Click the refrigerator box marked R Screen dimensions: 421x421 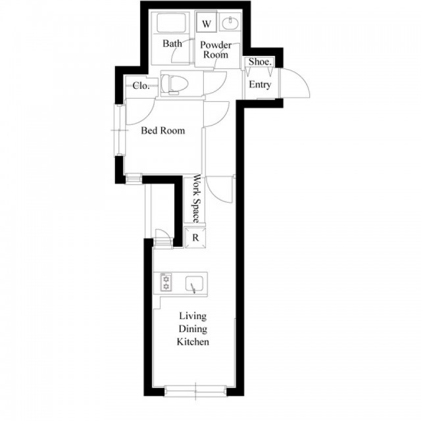coord(195,238)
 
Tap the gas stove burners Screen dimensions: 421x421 coord(166,282)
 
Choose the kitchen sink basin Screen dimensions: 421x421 coord(195,284)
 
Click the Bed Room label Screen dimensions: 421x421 coord(163,131)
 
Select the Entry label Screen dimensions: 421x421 coord(260,85)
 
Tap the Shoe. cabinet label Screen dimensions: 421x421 coord(260,62)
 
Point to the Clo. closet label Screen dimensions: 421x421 coord(141,86)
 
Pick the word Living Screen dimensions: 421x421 coord(193,316)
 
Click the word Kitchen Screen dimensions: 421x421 coord(193,342)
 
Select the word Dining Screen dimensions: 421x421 coord(193,329)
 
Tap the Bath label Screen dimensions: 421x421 coord(172,43)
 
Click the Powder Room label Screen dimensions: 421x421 coord(216,50)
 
